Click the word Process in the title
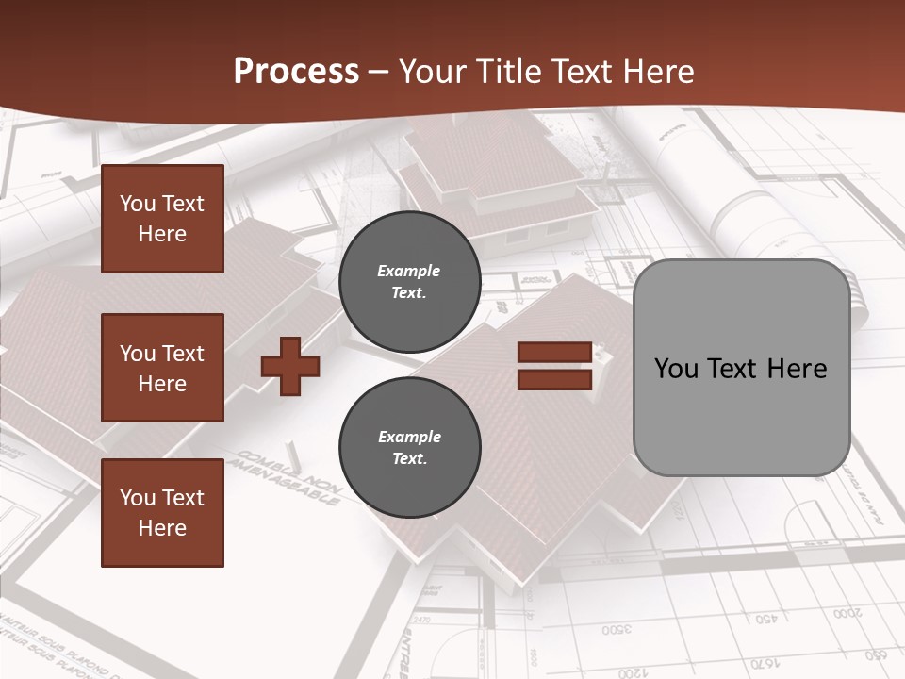(296, 72)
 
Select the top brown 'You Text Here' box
(162, 219)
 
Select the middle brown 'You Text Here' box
(162, 368)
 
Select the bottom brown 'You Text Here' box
(162, 512)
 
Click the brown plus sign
(290, 367)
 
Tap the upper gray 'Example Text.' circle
(410, 282)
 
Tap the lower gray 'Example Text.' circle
(410, 448)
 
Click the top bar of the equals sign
(554, 353)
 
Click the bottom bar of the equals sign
(554, 379)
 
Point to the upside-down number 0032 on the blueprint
(617, 629)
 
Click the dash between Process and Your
(379, 72)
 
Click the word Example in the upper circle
(408, 272)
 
